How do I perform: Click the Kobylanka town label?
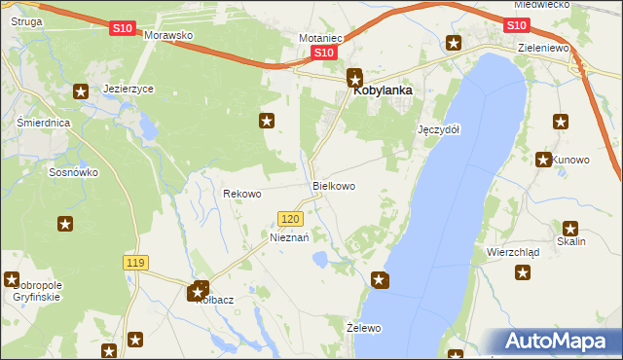(383, 90)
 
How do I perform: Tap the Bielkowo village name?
(333, 185)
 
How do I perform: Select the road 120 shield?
(289, 220)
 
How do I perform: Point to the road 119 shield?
(135, 263)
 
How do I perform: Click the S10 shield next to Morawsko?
(122, 29)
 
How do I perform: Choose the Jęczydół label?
(438, 129)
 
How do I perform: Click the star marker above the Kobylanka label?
(355, 76)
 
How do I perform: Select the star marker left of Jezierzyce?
(81, 90)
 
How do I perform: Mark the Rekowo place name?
(242, 194)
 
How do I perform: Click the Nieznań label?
(289, 237)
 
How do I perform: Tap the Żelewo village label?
(364, 328)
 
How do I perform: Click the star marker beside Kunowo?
(543, 160)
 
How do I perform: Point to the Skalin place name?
(571, 241)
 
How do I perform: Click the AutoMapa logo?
(554, 342)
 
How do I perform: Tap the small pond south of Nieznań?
(319, 259)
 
